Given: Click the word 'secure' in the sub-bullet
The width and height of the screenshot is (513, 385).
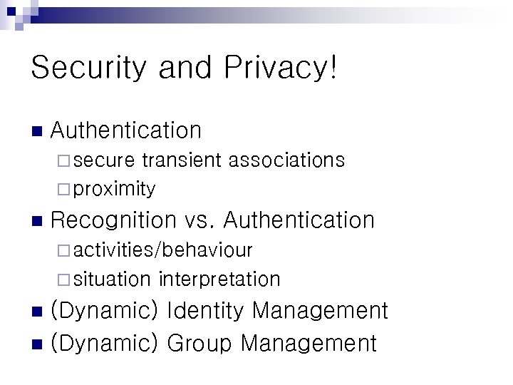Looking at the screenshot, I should tap(105, 160).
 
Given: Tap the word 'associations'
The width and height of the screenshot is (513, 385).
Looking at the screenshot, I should tap(286, 160).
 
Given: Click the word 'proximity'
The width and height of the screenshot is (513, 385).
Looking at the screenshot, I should tap(114, 189).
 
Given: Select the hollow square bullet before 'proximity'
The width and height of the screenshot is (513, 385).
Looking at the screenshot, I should tap(63, 189).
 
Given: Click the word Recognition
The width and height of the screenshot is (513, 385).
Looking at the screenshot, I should tap(113, 220).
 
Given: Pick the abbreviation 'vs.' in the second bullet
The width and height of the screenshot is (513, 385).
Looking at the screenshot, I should tap(202, 220).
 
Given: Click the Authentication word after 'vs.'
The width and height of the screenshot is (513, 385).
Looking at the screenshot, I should tap(304, 220).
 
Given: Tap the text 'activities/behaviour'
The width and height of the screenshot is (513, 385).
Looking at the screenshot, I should tap(162, 250).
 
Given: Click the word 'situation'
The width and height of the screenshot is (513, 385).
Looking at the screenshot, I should tap(112, 279).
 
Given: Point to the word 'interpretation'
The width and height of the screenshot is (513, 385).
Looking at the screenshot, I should tap(219, 279).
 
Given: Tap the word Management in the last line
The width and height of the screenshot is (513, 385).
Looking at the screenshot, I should tap(309, 343).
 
